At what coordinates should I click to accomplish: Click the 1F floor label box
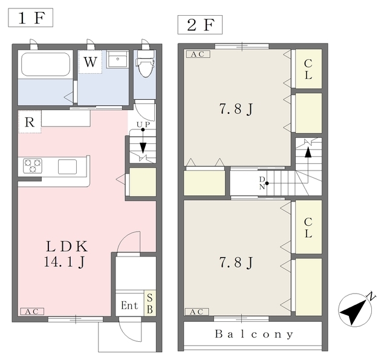pos(31,18)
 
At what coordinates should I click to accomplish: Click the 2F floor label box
pos(200,25)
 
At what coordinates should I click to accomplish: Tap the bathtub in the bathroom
pos(45,64)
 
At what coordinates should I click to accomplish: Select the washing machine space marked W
pos(90,62)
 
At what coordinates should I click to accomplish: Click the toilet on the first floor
pos(145,63)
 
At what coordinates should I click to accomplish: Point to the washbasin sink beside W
pos(118,59)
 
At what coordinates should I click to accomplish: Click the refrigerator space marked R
pos(30,122)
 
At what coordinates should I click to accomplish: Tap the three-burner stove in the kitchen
pos(33,166)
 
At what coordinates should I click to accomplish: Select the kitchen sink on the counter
pos(67,166)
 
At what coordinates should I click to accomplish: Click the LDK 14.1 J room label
pos(67,254)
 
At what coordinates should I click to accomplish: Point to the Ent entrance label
pos(129,306)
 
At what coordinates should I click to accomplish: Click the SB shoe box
pos(150,304)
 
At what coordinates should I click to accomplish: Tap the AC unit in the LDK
pos(32,312)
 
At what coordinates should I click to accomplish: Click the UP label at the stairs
pos(143,125)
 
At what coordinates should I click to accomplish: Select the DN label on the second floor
pos(262,183)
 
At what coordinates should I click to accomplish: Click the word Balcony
pos(254,335)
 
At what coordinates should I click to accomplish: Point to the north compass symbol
pos(355,309)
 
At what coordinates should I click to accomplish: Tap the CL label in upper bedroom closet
pos(308,70)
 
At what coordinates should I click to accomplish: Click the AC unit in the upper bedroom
pos(198,54)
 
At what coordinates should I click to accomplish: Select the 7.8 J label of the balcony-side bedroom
pos(236,263)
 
